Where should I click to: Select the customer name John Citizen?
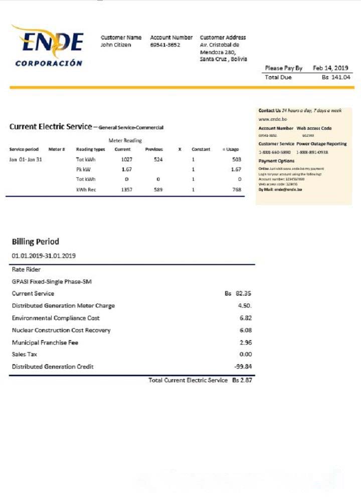coord(116,45)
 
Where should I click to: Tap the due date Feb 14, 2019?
coord(330,68)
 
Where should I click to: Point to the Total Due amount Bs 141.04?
coord(336,78)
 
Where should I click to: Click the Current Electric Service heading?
coord(50,127)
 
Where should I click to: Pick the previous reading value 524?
coord(158,159)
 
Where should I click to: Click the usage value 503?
coord(237,159)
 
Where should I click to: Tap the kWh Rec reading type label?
coord(86,190)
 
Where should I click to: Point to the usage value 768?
coord(237,190)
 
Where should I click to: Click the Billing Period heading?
coord(35,242)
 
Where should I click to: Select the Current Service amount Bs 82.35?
coord(238,294)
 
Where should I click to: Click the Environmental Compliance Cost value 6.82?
coord(246,318)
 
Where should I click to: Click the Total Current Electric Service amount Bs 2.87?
coord(242,381)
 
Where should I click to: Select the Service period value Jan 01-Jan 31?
coord(25,159)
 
